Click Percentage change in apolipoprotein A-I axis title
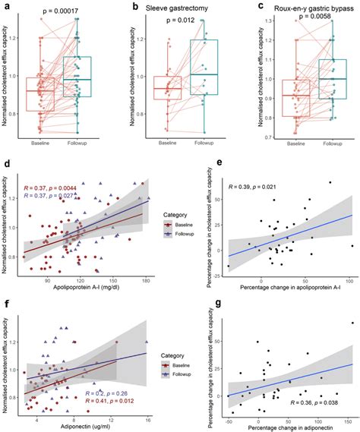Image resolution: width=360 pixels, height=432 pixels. (x=289, y=288)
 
